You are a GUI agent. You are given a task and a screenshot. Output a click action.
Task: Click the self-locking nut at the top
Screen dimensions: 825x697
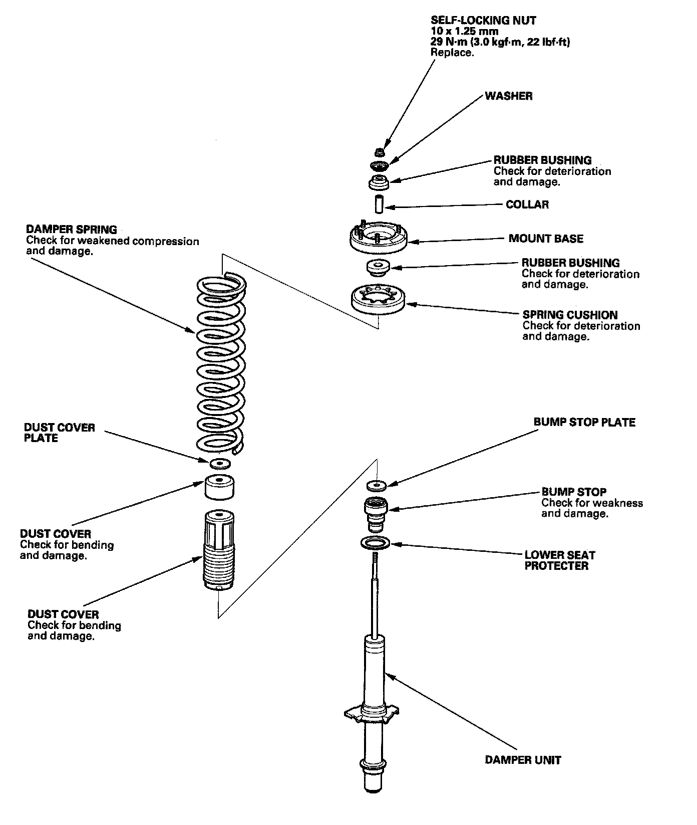click(379, 151)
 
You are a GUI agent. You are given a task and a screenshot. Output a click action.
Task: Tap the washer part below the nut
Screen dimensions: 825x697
click(379, 166)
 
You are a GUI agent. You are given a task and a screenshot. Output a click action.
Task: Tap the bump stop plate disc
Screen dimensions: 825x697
click(376, 485)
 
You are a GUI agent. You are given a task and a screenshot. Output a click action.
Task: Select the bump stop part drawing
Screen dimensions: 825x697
click(376, 514)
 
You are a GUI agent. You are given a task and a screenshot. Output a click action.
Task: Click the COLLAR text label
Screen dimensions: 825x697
click(527, 204)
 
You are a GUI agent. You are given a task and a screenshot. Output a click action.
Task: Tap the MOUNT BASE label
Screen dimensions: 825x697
click(546, 239)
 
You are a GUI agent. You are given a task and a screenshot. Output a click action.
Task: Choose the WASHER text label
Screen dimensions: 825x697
click(508, 96)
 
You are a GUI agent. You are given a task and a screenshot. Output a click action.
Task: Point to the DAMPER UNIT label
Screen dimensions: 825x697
click(523, 760)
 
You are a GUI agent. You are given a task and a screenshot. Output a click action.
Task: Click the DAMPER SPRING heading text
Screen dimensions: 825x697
click(72, 230)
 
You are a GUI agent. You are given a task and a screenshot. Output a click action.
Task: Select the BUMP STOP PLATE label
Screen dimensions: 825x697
click(584, 422)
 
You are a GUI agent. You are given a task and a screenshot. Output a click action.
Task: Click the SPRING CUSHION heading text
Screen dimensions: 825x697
click(570, 315)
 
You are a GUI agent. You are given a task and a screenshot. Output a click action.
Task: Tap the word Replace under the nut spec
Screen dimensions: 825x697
click(452, 52)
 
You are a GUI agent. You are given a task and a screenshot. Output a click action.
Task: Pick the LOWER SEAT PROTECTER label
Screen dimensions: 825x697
click(559, 560)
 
